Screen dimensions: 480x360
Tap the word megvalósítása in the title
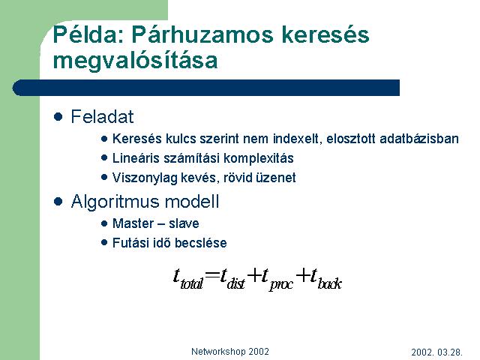tap(135, 60)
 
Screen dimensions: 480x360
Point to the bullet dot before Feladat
tap(58, 117)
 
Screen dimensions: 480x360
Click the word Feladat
tap(102, 117)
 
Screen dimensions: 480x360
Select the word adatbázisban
tap(419, 139)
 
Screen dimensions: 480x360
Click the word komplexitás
tap(259, 158)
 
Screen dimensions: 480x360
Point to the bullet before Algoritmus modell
tap(58, 202)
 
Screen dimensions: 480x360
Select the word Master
tap(133, 223)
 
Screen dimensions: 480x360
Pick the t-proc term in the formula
tap(277, 278)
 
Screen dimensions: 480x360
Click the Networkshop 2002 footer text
tap(230, 352)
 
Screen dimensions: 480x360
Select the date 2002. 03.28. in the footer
tap(436, 352)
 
